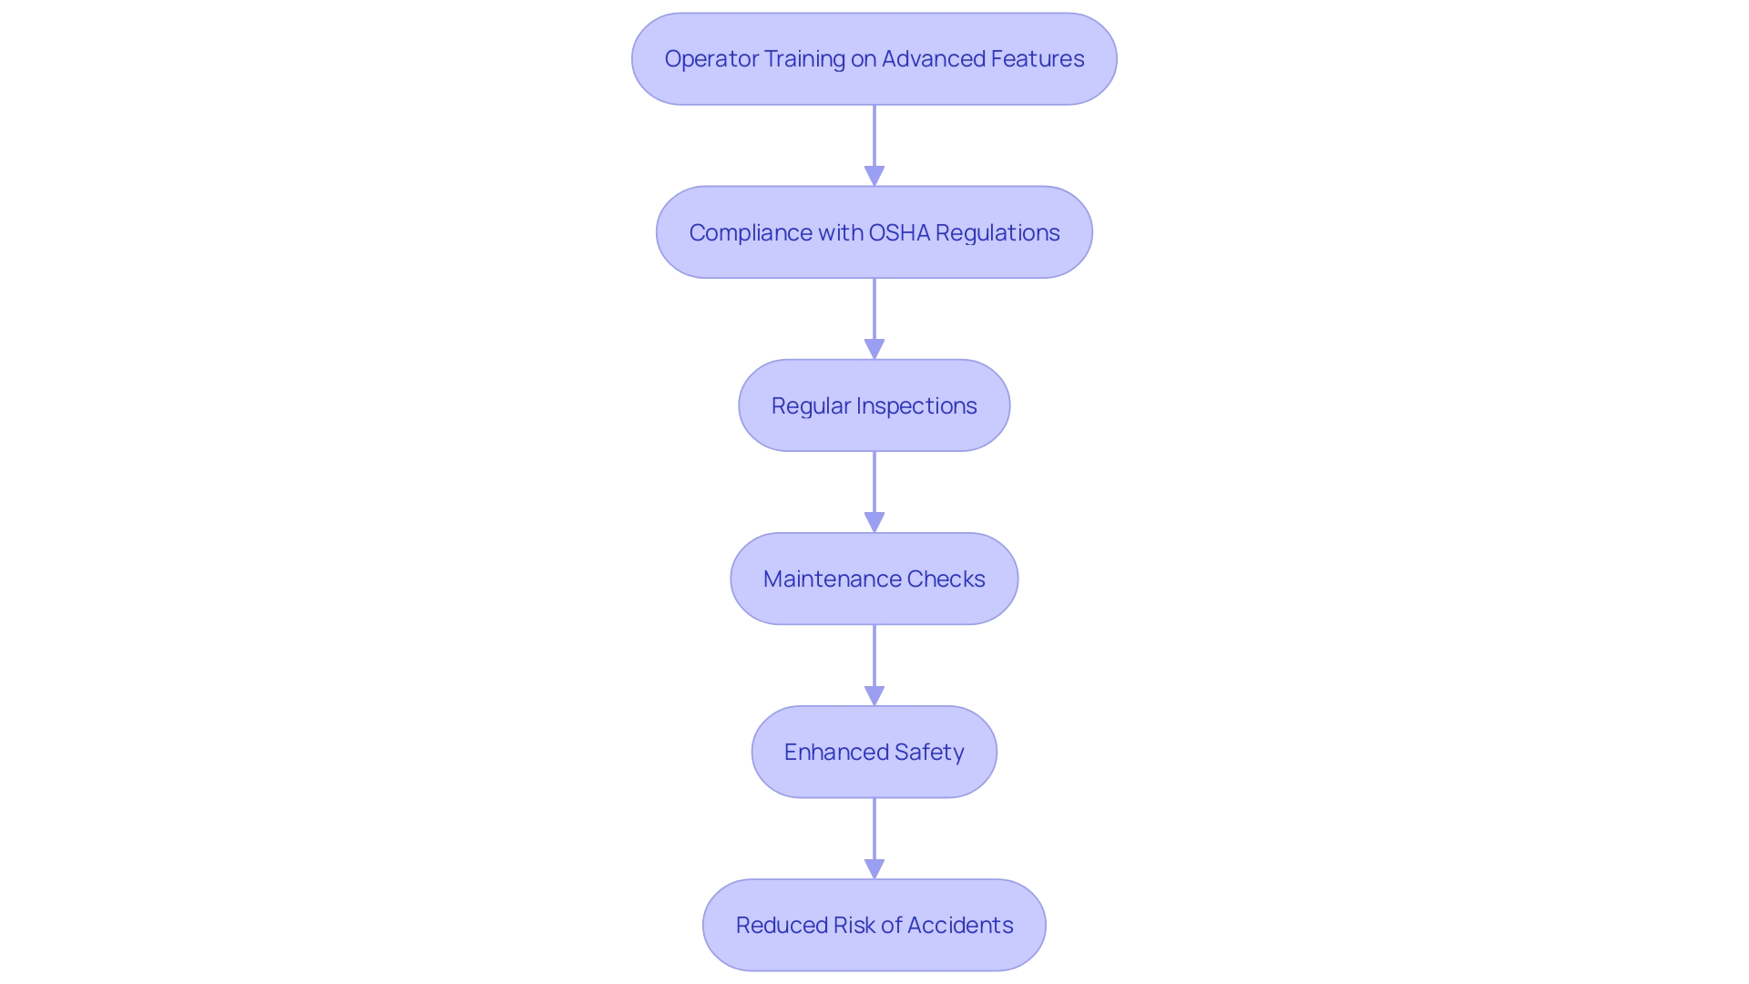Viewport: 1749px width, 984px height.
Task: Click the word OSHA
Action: tap(899, 233)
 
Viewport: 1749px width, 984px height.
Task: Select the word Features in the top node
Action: tap(1038, 59)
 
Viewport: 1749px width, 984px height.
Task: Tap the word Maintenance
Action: tap(832, 579)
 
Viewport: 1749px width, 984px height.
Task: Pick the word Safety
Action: tap(929, 753)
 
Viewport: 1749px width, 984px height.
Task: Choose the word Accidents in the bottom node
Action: tap(960, 926)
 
